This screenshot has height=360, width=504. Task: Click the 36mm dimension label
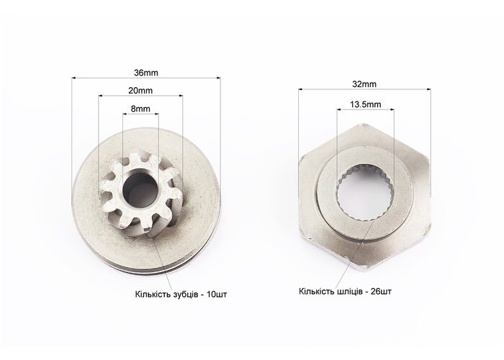146,73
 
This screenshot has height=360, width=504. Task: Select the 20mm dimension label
140,91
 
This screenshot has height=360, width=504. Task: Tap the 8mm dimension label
140,109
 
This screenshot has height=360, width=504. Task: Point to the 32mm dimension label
364,84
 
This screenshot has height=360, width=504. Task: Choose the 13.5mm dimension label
366,104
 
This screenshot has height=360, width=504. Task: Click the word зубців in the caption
186,294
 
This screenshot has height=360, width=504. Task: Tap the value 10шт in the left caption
217,294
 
